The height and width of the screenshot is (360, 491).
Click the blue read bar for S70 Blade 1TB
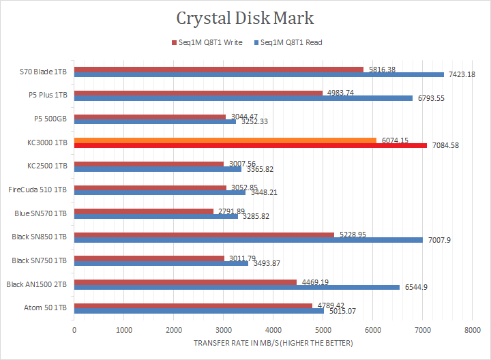[259, 74]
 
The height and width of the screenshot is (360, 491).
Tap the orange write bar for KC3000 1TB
[225, 140]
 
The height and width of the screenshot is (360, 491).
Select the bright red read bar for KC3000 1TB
[250, 145]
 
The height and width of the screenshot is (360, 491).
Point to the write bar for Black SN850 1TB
[204, 235]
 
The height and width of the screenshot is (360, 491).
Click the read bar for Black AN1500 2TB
[237, 287]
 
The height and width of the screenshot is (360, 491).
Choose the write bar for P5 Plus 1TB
[198, 93]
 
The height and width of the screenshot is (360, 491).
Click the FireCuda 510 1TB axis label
[38, 189]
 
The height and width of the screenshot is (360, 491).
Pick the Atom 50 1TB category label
[46, 307]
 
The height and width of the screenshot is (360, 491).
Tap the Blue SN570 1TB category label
[41, 213]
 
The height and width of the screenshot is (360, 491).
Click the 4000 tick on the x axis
[273, 329]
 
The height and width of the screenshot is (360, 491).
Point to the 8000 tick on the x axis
[471, 329]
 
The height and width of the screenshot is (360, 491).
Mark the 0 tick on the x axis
[74, 329]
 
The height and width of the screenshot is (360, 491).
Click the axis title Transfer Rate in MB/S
[273, 342]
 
